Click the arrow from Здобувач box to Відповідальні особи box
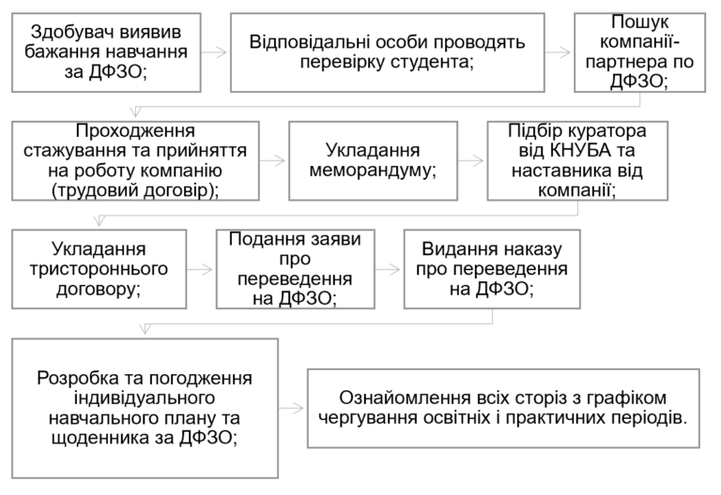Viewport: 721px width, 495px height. tap(215, 52)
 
